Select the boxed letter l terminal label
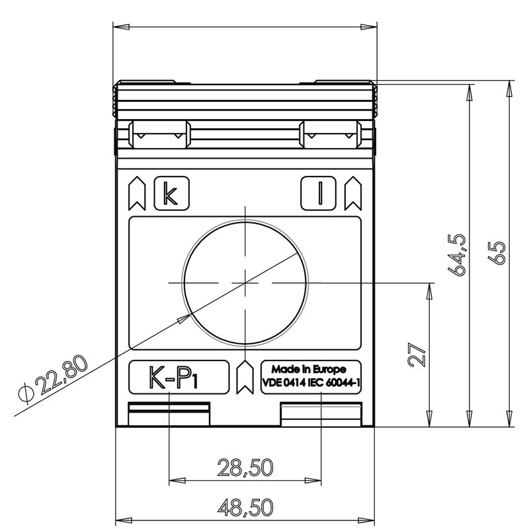[319, 193]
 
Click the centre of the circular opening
[245, 282]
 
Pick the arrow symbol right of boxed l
[352, 192]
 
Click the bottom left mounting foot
[169, 415]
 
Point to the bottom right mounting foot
[321, 415]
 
